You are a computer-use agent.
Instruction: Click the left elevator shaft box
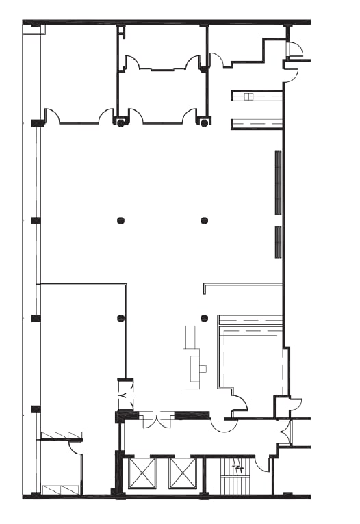tap(142, 473)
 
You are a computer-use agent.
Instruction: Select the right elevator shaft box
tap(183, 473)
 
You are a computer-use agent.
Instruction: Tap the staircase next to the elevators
tap(233, 476)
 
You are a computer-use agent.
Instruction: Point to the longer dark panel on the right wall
tap(278, 183)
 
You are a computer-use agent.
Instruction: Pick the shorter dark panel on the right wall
tap(278, 241)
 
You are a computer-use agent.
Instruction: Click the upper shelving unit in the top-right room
tap(257, 96)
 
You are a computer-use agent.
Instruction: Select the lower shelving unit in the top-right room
tap(257, 124)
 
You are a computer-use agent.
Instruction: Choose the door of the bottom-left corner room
tap(76, 448)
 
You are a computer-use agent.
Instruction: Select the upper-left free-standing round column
tap(121, 220)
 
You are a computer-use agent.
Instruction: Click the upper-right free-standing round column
tap(204, 220)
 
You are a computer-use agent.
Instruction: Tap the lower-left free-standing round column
tap(121, 318)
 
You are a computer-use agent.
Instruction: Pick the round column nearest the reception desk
tap(204, 318)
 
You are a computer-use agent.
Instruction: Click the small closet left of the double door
tap(126, 395)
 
